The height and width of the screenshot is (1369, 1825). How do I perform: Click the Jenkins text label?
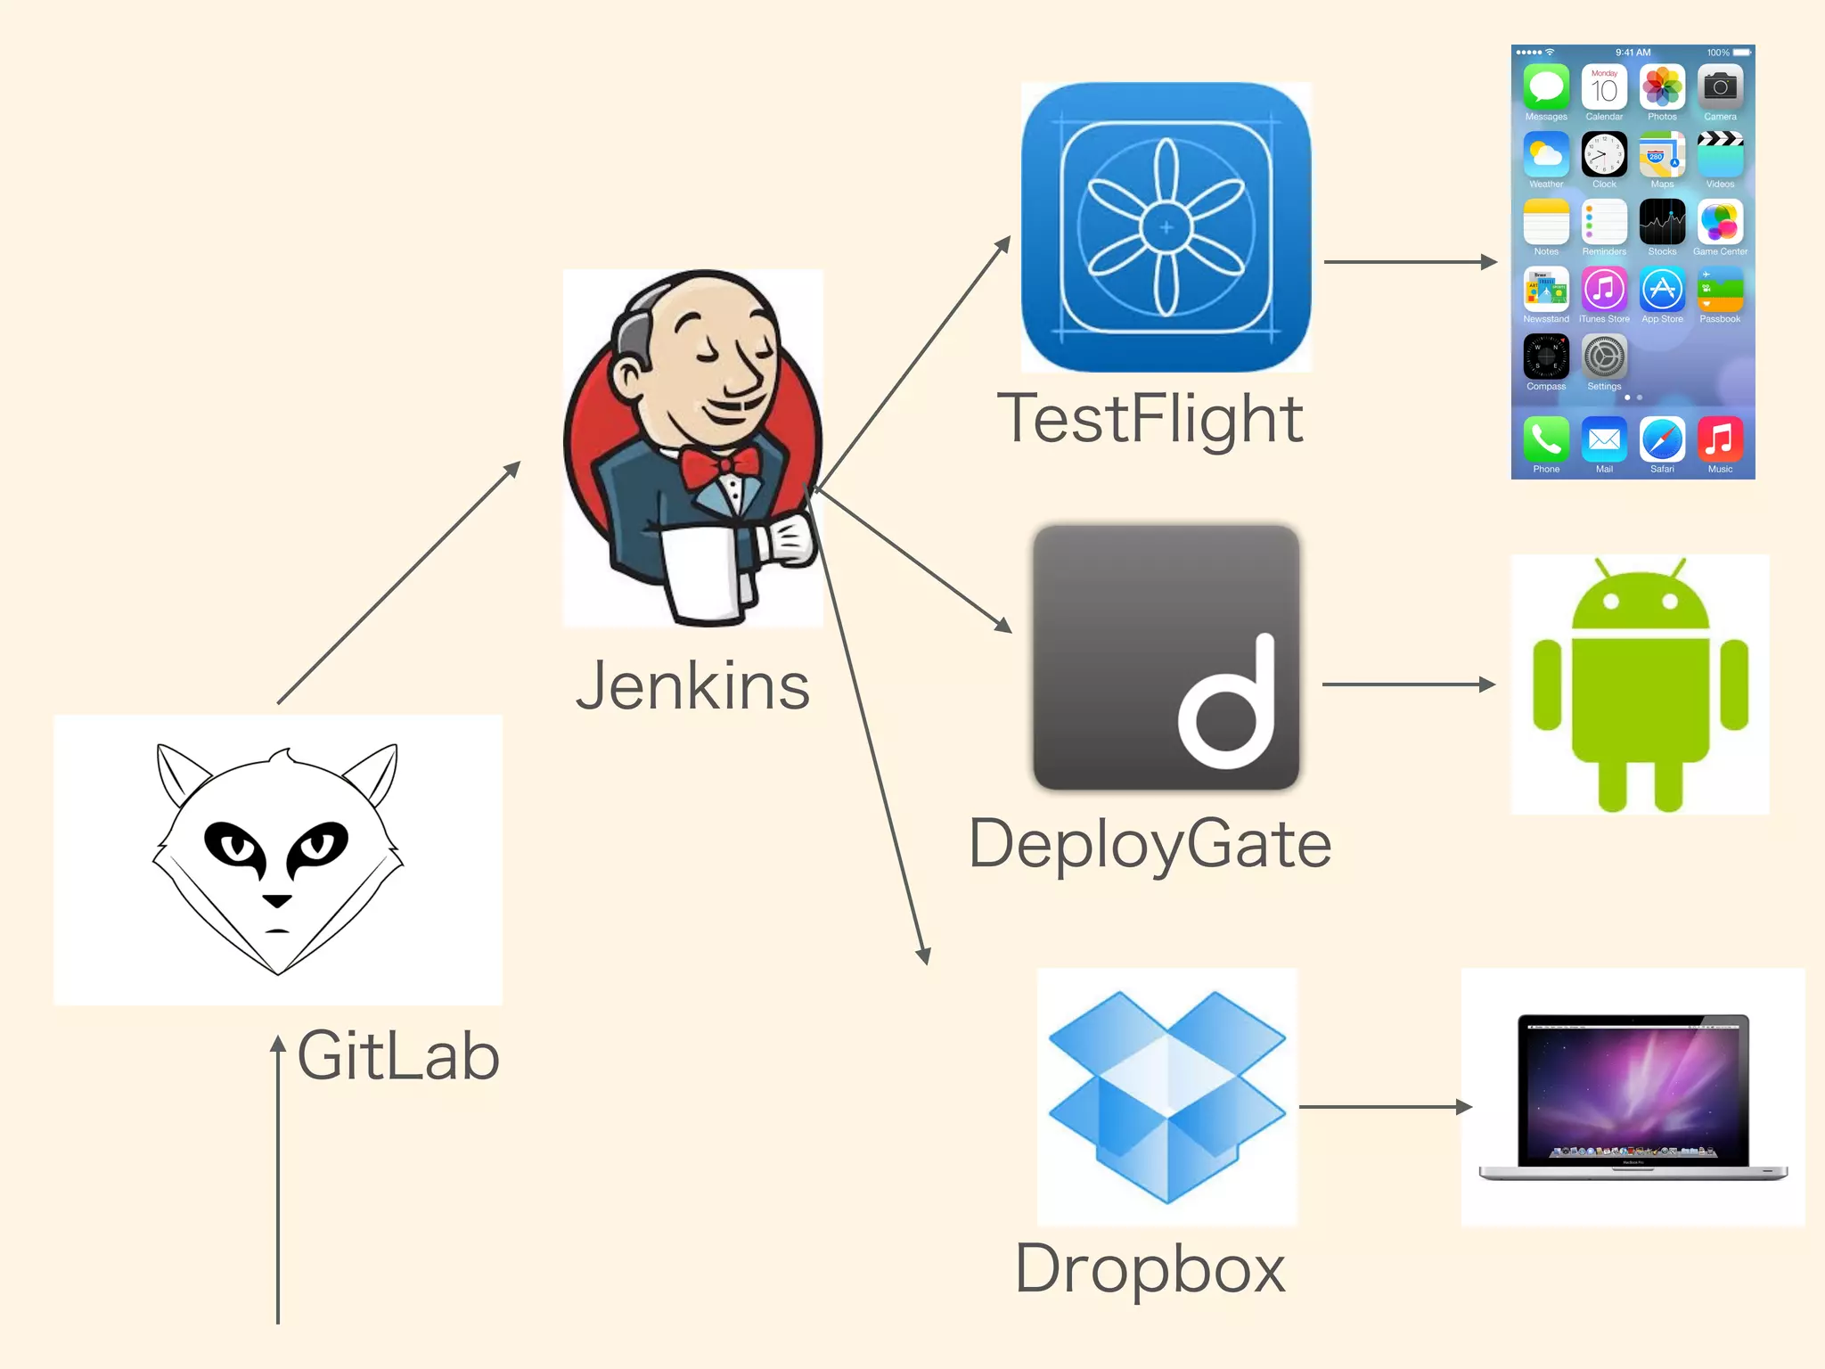pyautogui.click(x=692, y=686)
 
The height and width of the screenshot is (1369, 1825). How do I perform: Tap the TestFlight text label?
pyautogui.click(x=1150, y=419)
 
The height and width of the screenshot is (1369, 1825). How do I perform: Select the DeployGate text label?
pyautogui.click(x=1150, y=844)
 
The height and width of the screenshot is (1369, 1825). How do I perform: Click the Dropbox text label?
pyautogui.click(x=1150, y=1268)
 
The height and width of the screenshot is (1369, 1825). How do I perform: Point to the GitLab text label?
pyautogui.click(x=398, y=1056)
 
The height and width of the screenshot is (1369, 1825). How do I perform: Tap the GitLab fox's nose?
pyautogui.click(x=277, y=900)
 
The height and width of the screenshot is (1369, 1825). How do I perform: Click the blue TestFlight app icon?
pyautogui.click(x=1166, y=227)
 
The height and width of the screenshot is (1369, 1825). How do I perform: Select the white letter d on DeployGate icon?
pyautogui.click(x=1230, y=704)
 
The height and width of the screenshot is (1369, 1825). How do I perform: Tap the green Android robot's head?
pyautogui.click(x=1641, y=602)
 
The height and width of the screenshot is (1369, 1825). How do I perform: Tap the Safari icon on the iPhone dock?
pyautogui.click(x=1662, y=439)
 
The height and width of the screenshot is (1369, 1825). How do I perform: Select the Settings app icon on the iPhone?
pyautogui.click(x=1604, y=357)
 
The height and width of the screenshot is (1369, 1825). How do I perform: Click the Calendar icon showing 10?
pyautogui.click(x=1604, y=87)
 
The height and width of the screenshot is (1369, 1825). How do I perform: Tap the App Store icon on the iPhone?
pyautogui.click(x=1662, y=290)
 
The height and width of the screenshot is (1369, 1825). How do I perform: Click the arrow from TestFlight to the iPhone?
pyautogui.click(x=1408, y=262)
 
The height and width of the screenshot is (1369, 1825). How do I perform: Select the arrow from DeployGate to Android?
pyautogui.click(x=1408, y=684)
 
